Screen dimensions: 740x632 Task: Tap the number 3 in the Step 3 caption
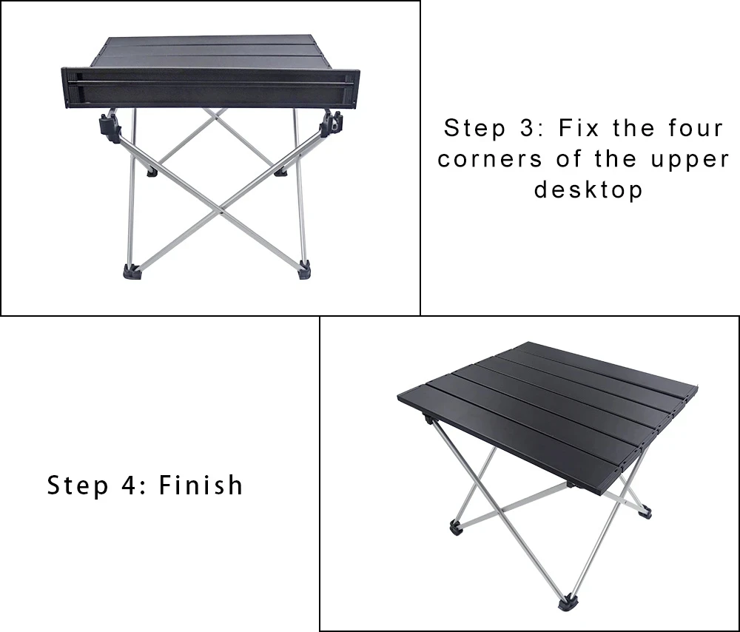[x=528, y=128]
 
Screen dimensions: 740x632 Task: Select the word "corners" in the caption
[x=490, y=159]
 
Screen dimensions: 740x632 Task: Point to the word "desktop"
[x=588, y=190]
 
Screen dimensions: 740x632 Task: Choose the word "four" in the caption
[x=696, y=128]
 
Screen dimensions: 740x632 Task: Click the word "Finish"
[x=201, y=485]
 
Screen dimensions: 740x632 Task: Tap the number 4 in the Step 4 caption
[x=129, y=485]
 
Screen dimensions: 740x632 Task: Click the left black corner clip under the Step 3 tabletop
[x=110, y=126]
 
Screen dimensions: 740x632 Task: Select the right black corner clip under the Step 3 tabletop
[x=331, y=124]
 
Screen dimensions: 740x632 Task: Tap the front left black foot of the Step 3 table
[x=132, y=272]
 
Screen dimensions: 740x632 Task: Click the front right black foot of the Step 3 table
[x=304, y=270]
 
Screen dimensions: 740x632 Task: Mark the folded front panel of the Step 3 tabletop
[x=210, y=88]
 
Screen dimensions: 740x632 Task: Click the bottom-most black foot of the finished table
[x=568, y=602]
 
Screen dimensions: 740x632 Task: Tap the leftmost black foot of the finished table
[x=457, y=527]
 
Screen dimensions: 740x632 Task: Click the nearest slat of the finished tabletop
[x=508, y=441]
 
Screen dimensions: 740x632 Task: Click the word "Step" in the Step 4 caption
[x=78, y=485]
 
